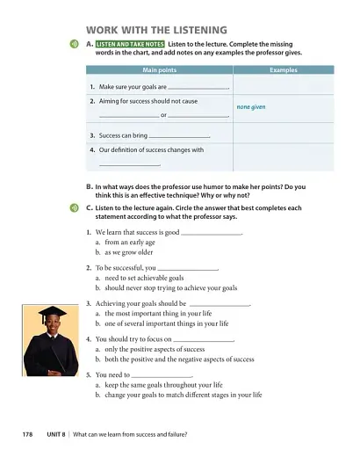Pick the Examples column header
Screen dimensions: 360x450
click(x=284, y=69)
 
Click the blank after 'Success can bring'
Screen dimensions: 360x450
click(x=180, y=137)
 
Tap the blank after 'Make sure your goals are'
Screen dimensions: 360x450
click(x=197, y=89)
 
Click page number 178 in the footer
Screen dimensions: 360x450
click(x=27, y=434)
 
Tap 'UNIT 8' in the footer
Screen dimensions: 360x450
click(x=57, y=434)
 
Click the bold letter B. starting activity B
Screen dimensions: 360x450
click(x=90, y=186)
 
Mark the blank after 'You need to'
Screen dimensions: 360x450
click(x=162, y=374)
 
